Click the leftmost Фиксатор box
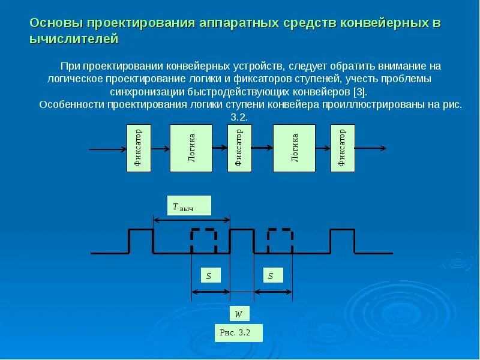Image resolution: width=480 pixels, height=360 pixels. [x=139, y=148]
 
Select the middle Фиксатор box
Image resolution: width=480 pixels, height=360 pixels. [x=239, y=148]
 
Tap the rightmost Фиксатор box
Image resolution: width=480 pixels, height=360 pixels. [x=343, y=148]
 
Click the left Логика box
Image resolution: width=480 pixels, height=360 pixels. [x=191, y=148]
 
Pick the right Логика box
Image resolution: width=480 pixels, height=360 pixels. [x=295, y=148]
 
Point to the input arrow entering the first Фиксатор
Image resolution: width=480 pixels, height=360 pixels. [x=108, y=148]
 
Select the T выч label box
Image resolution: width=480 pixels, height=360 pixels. [x=188, y=205]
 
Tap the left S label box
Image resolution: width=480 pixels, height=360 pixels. [x=209, y=275]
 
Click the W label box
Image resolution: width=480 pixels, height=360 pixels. [x=238, y=314]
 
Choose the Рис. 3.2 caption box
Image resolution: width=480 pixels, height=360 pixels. [x=239, y=332]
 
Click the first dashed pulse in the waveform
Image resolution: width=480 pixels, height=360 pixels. [x=204, y=241]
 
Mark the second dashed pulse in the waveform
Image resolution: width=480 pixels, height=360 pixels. [x=280, y=241]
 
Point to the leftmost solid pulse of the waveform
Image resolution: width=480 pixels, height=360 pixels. [x=141, y=241]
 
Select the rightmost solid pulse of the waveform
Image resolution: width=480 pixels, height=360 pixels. [x=342, y=241]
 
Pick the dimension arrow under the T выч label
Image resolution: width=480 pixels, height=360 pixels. [x=192, y=220]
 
